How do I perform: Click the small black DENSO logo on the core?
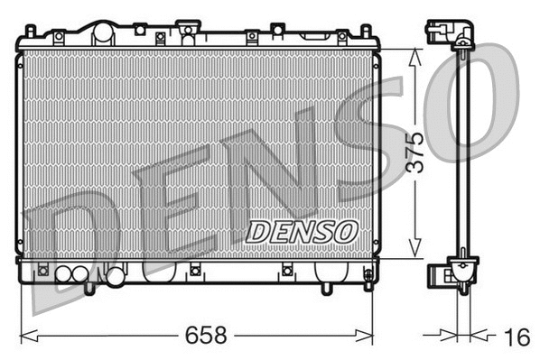point(302,232)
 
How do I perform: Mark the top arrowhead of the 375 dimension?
point(414,53)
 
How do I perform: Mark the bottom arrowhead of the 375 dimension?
point(414,254)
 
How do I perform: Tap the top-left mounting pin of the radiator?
point(30,32)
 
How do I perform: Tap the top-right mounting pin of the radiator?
point(367,32)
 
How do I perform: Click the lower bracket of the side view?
point(459,271)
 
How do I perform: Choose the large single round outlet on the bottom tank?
point(115,276)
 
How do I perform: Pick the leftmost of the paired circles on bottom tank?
point(65,275)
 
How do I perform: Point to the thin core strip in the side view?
point(462,153)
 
